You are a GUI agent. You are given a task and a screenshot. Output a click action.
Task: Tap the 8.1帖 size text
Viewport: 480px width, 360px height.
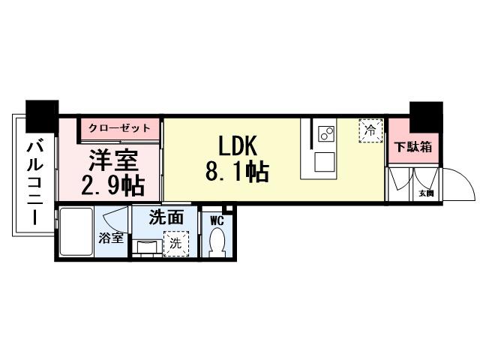(237, 173)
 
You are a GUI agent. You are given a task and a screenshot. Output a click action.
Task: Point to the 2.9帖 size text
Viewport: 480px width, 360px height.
(113, 184)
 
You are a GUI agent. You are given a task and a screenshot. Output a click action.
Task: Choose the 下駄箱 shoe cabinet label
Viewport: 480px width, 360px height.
(413, 147)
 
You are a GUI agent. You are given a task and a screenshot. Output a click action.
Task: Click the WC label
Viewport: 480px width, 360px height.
(217, 220)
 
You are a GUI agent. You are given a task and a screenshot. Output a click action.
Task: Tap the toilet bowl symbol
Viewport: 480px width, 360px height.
(218, 242)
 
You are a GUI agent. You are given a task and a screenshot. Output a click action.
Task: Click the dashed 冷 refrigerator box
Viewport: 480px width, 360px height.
(369, 129)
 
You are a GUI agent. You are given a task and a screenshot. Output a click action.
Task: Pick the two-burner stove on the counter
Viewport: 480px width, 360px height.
(326, 133)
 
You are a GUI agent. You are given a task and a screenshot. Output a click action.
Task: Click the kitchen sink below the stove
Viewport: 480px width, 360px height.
(326, 161)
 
